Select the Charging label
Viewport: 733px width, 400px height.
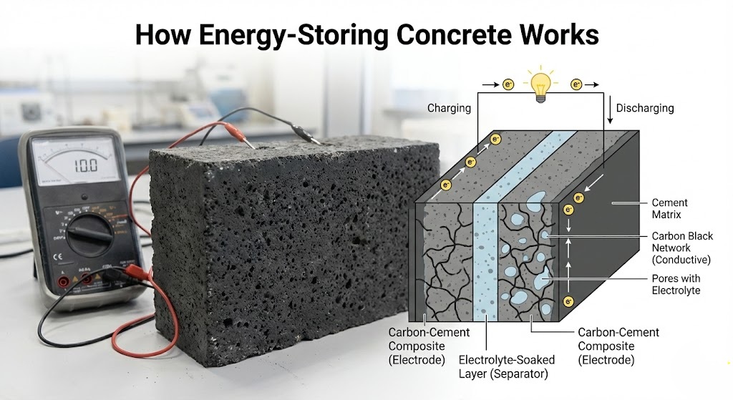449,108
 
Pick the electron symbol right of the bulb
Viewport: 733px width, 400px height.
576,84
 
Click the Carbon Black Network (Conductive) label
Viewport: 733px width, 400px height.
682,248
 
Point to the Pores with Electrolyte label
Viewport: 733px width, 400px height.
676,284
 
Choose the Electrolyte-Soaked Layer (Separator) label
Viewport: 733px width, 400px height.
504,366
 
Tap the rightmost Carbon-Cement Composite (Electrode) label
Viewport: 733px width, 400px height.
618,346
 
